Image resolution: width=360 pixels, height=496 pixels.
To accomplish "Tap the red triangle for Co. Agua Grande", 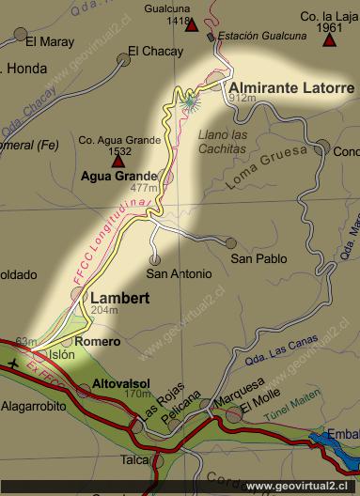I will click(x=118, y=162).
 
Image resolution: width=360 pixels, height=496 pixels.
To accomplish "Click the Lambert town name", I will click(x=117, y=297).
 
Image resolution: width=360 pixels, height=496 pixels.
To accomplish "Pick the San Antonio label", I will click(x=179, y=274).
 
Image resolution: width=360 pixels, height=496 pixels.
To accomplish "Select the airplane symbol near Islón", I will click(x=12, y=363).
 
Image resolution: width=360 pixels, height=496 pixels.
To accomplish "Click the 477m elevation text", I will click(x=142, y=189).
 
